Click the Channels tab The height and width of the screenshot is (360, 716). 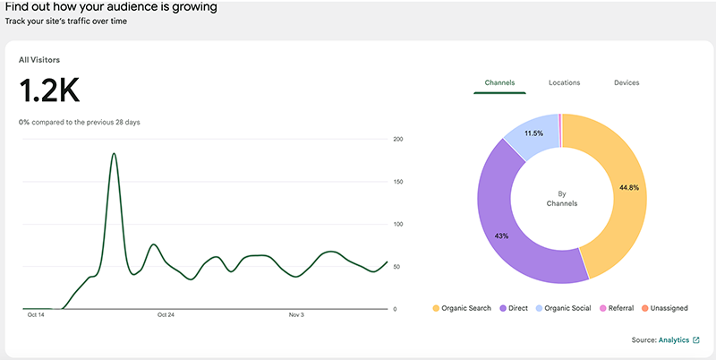tap(499, 82)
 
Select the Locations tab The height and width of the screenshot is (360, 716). tap(564, 82)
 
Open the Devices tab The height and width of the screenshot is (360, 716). tap(626, 82)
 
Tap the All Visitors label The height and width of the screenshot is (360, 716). tap(39, 60)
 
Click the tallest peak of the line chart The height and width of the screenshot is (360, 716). tap(114, 154)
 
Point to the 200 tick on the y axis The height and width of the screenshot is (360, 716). tap(398, 139)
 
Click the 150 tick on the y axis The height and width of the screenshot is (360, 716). tap(398, 182)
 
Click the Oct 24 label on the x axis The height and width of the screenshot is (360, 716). tap(166, 315)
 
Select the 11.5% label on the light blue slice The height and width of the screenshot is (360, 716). tap(533, 133)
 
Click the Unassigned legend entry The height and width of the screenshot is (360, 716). tap(663, 308)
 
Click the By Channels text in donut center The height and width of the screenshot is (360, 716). tap(562, 198)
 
